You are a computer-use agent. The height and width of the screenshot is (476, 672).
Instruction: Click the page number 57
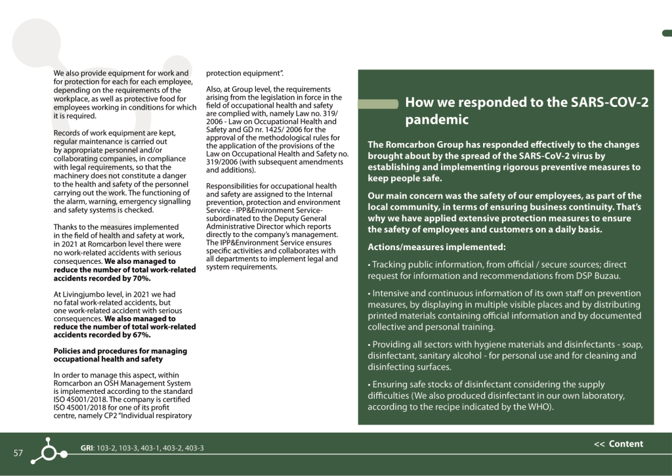[18, 454]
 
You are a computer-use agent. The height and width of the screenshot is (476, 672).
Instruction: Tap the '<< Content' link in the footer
[618, 444]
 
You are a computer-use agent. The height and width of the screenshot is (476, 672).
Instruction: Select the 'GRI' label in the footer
[87, 448]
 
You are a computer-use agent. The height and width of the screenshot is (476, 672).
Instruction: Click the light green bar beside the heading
[377, 104]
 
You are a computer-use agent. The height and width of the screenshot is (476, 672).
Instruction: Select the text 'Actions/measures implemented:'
[436, 247]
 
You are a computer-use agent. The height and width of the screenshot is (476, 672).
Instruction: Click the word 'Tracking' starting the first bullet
[390, 265]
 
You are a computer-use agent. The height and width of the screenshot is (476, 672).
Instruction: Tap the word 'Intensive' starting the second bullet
[392, 293]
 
